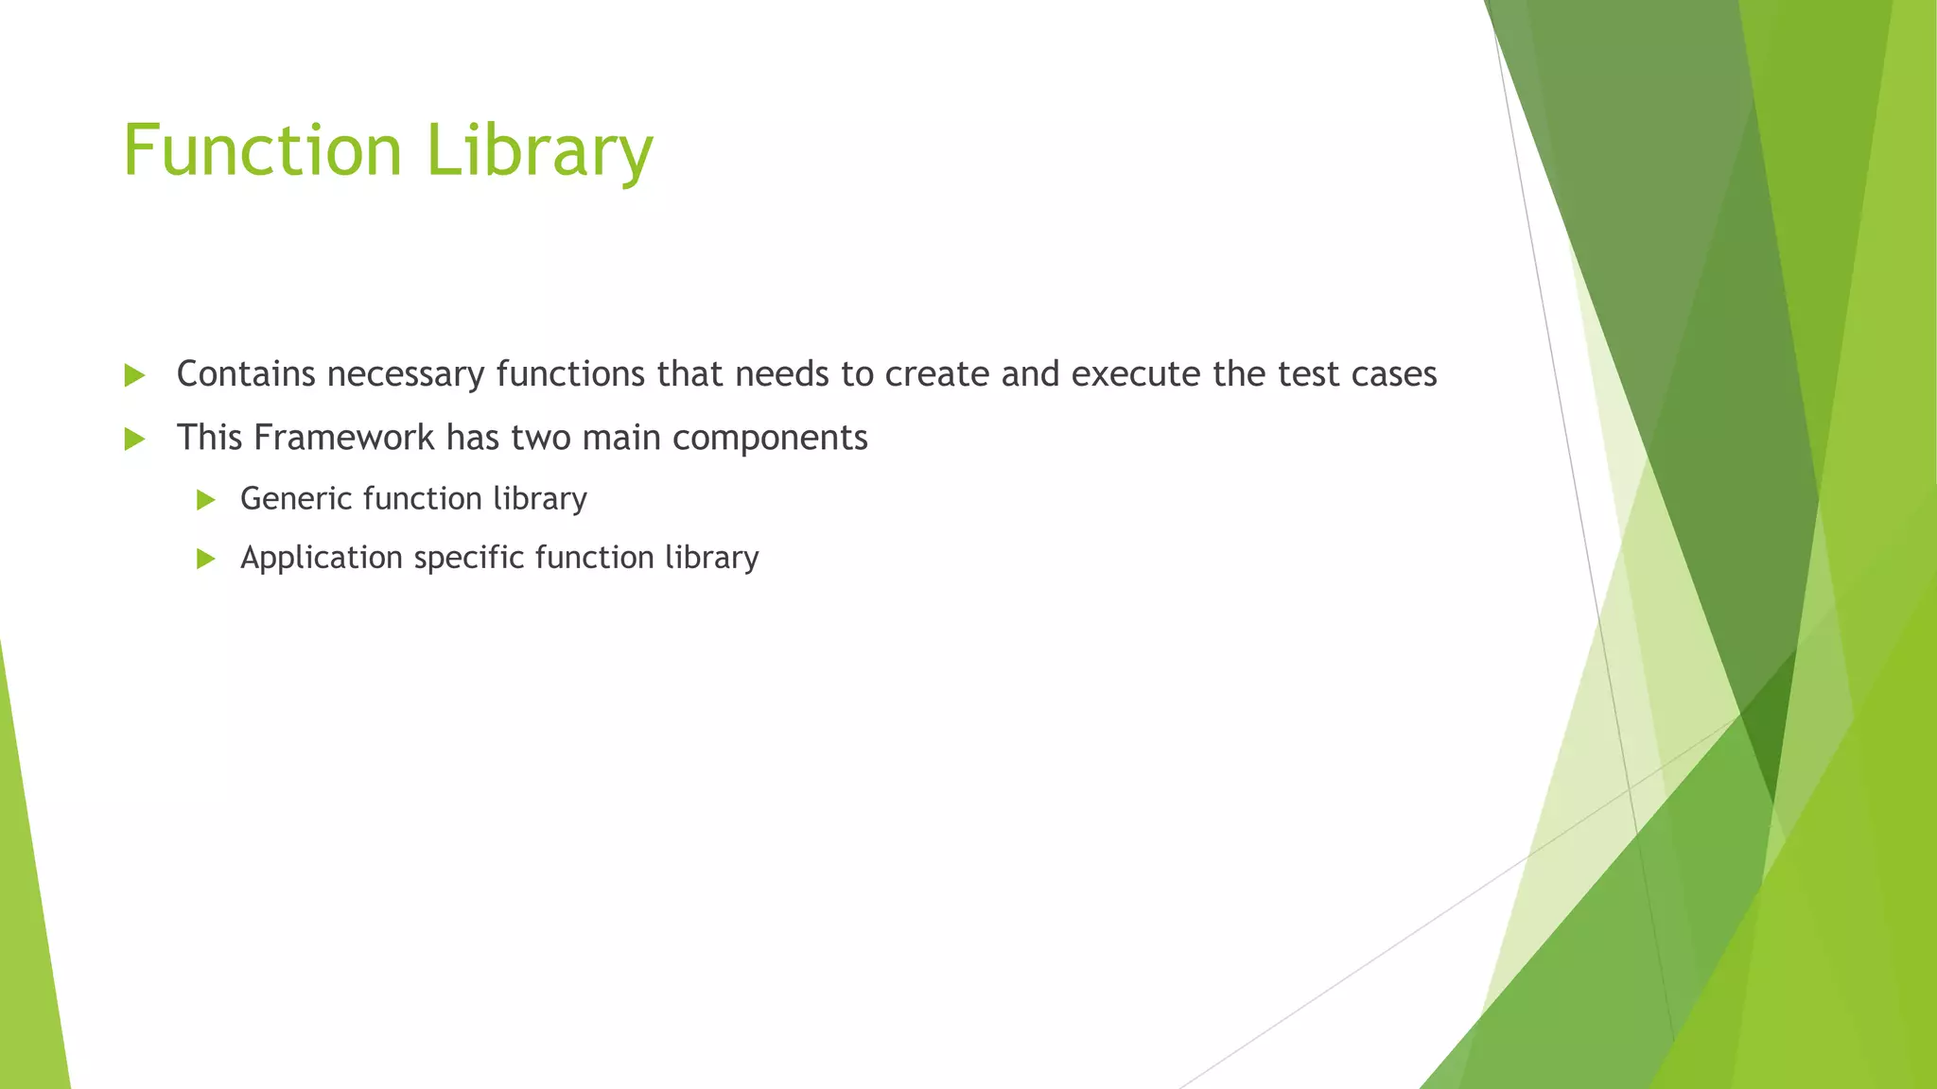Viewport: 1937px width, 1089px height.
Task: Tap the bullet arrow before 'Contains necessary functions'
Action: (x=134, y=376)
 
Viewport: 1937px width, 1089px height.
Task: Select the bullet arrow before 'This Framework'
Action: (x=134, y=439)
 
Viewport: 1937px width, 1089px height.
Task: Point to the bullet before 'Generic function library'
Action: (x=206, y=500)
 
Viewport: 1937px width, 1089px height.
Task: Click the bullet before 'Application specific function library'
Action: (x=206, y=559)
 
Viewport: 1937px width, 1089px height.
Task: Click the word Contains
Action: (x=246, y=374)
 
